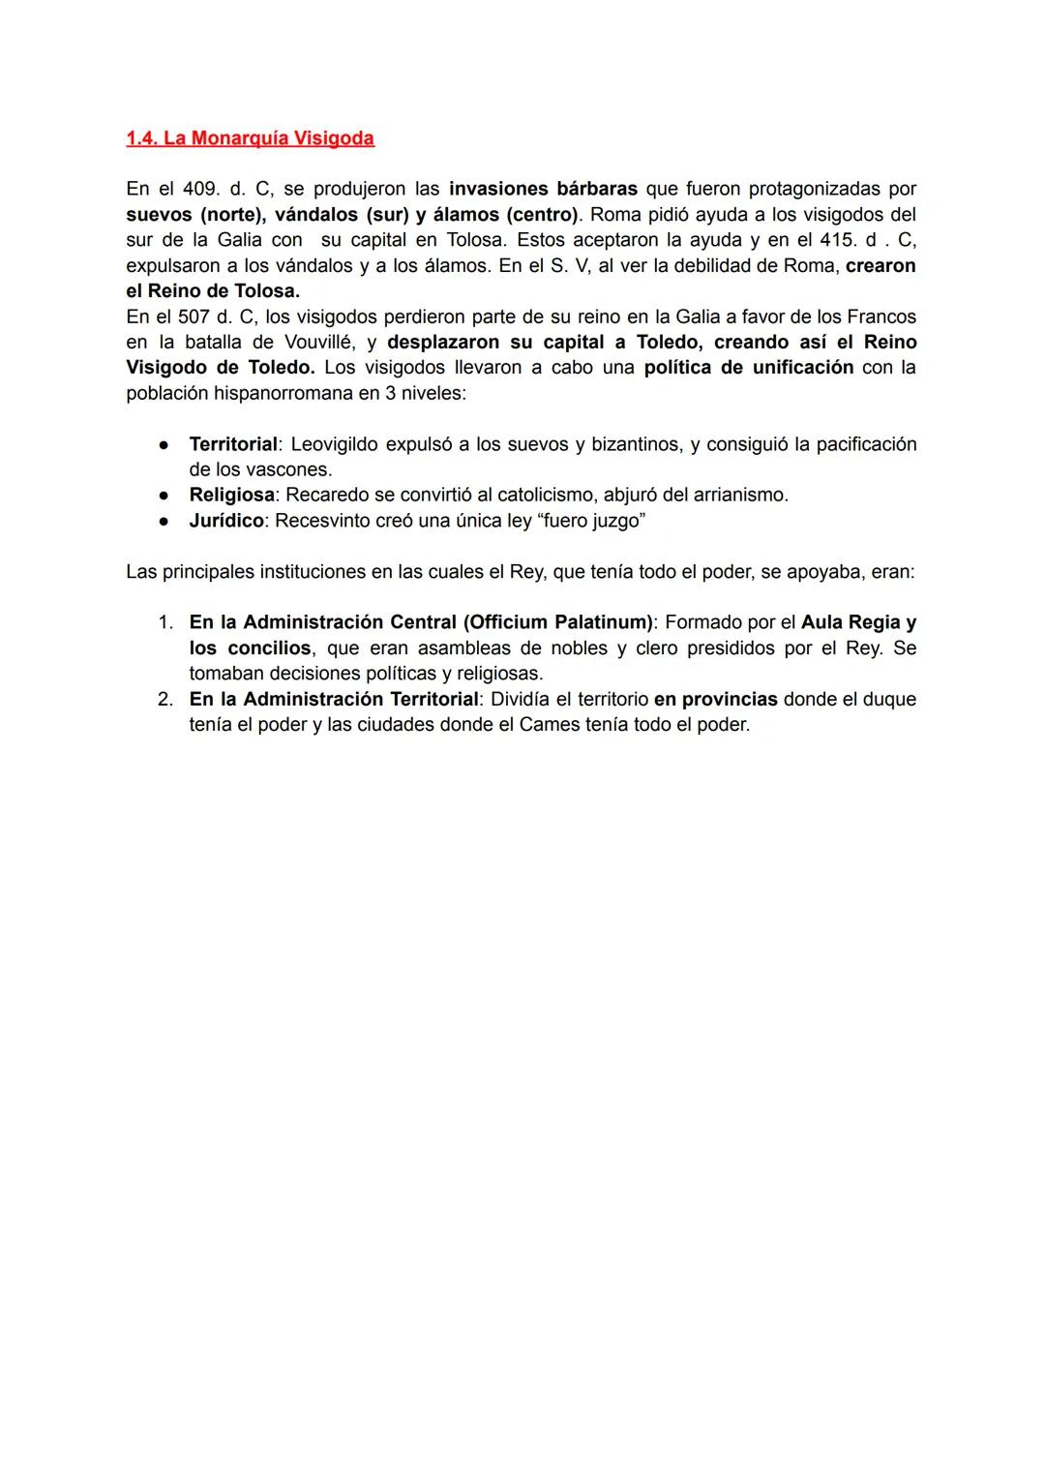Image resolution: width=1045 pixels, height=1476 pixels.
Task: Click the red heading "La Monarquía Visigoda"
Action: click(x=250, y=138)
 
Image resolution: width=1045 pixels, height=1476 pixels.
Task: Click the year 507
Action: click(x=194, y=316)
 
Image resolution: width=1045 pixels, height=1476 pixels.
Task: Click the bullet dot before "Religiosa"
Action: click(x=165, y=496)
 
